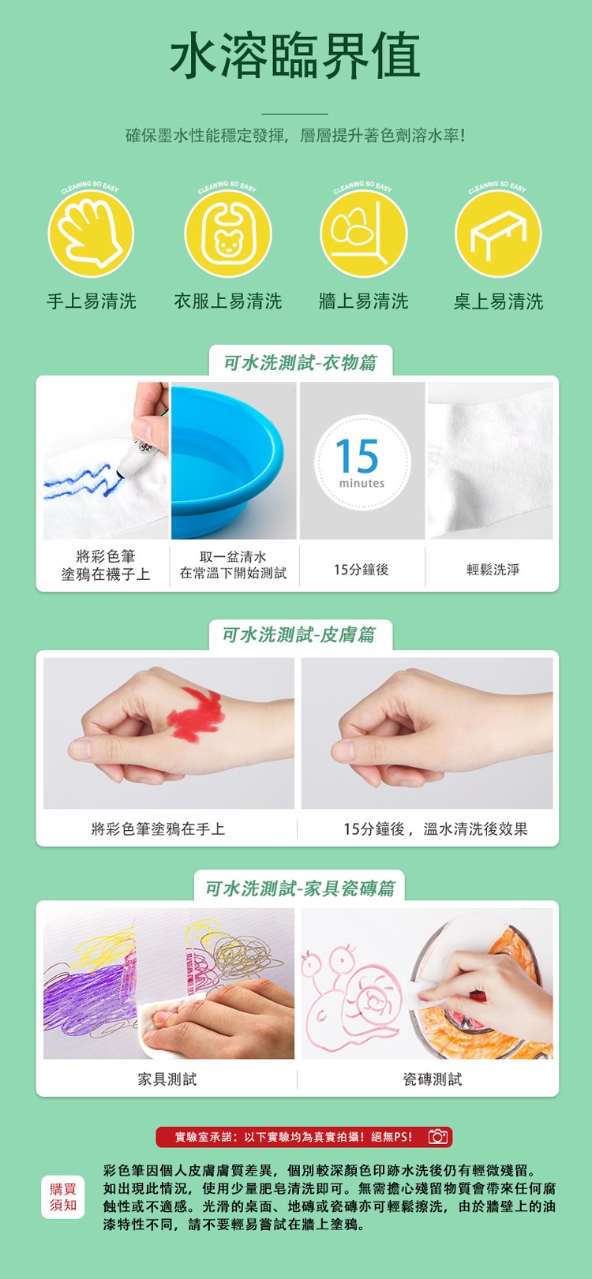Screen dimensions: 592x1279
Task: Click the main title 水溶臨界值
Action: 295,55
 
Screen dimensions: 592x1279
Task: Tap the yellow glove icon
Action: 91,234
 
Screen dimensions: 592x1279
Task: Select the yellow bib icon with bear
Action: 228,234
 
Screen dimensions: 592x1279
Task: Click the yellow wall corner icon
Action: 363,234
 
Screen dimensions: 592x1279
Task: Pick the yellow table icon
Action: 498,234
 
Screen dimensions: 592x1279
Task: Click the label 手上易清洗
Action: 92,301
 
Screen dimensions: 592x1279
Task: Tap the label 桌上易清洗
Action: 498,301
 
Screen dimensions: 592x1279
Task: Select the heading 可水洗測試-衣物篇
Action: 300,362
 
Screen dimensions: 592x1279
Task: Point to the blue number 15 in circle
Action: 357,455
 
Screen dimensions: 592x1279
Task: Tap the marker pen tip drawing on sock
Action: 121,473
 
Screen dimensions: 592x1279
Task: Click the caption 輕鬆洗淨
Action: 493,569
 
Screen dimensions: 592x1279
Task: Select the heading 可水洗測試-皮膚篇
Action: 299,634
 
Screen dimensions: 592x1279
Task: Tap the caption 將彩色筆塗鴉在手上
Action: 159,828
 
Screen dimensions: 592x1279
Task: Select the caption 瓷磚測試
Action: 433,1079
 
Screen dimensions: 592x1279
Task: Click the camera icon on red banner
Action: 438,1136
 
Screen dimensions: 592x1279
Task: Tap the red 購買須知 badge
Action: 63,1197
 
